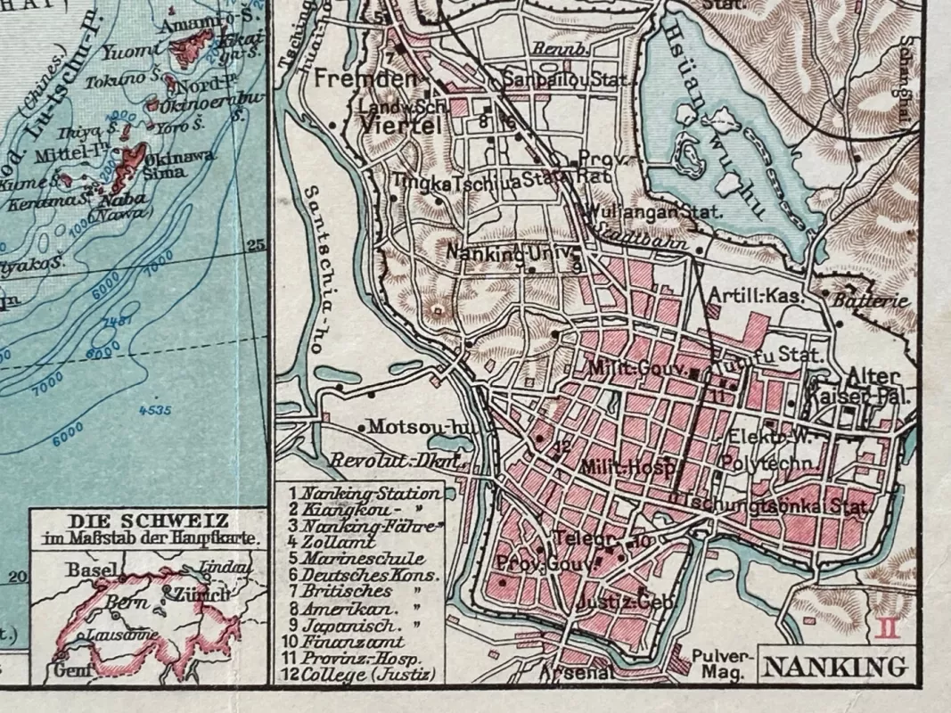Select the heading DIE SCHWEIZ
click(148, 520)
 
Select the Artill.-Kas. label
click(756, 295)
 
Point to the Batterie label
click(871, 300)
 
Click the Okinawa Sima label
click(192, 163)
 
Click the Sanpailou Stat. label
click(567, 79)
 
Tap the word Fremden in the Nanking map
click(365, 78)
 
